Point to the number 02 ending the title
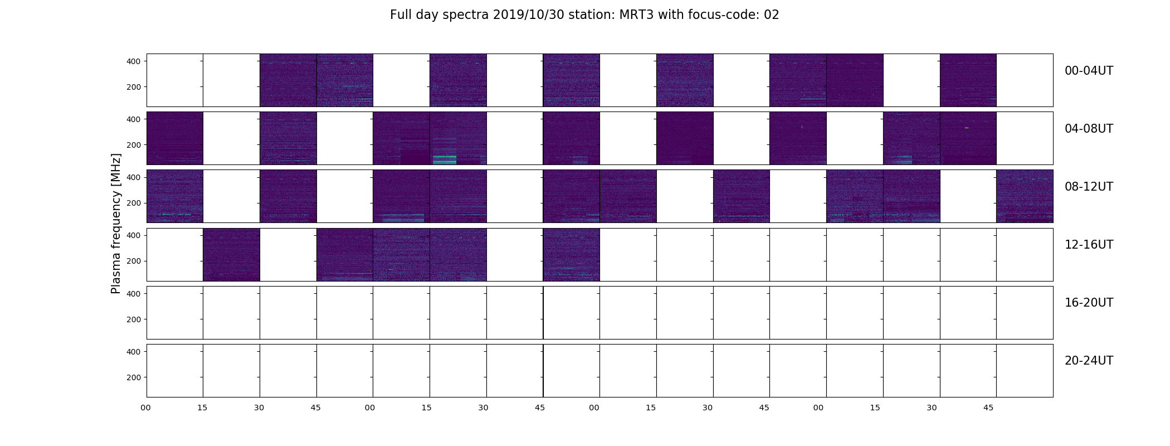tap(772, 15)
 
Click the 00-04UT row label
tap(1089, 71)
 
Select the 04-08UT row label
tap(1089, 129)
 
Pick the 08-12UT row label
tap(1089, 187)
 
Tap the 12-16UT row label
tap(1089, 245)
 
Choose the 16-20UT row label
tap(1089, 303)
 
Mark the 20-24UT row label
tap(1089, 361)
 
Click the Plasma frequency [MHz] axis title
tap(116, 224)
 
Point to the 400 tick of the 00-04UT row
tap(134, 61)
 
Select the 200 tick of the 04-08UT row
tap(134, 145)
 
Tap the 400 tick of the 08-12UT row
tap(134, 177)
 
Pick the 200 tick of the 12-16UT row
tap(134, 261)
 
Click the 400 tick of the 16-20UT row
tap(134, 293)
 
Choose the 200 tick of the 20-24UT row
tap(134, 377)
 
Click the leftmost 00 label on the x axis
tap(146, 408)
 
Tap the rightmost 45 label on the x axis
tap(988, 408)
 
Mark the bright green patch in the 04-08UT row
tap(445, 159)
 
